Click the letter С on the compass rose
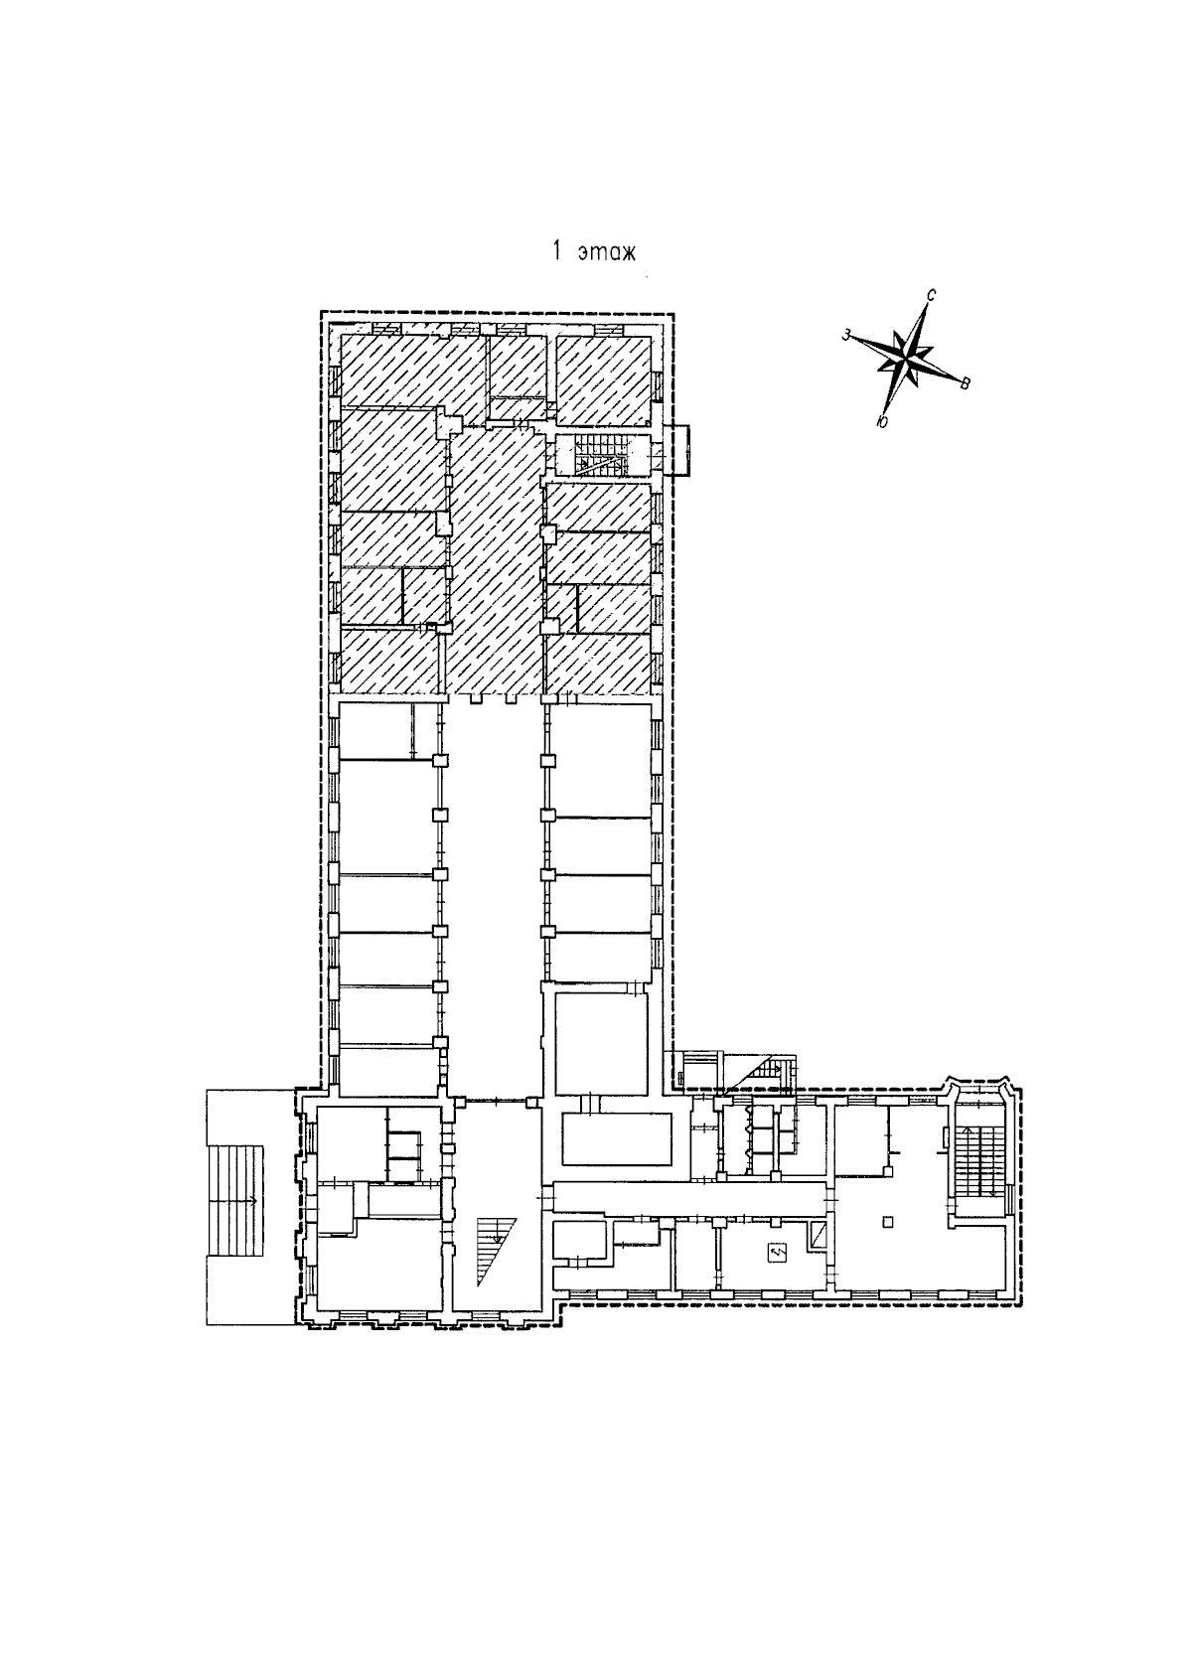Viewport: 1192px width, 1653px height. [932, 295]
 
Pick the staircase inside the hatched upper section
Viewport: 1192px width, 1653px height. [602, 454]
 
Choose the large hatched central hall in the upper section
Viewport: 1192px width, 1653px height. [495, 561]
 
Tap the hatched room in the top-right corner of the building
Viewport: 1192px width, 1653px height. [603, 380]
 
